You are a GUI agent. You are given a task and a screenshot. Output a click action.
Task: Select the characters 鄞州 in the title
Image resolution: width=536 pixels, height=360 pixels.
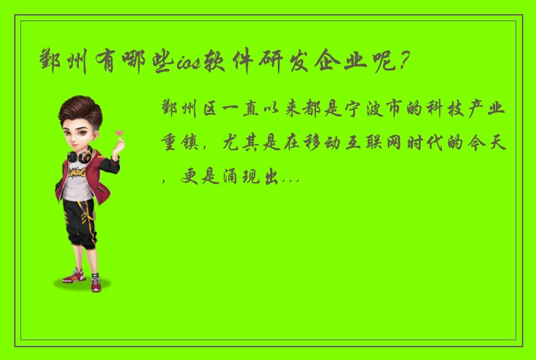click(64, 64)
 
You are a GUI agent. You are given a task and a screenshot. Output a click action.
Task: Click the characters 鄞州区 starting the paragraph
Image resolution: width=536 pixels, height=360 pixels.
click(186, 112)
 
